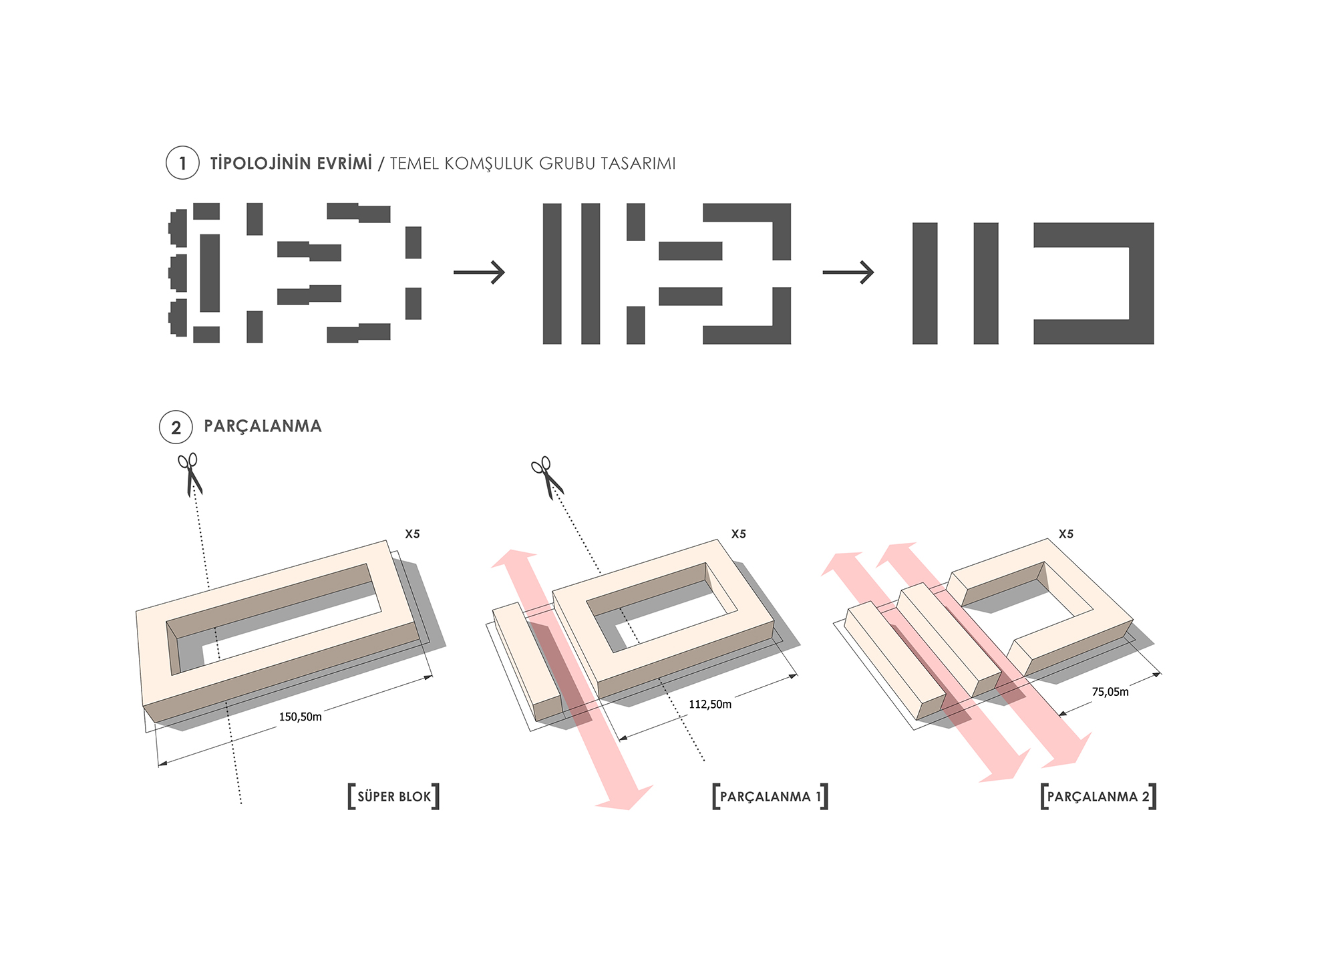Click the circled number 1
pos(182,163)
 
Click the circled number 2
pos(176,427)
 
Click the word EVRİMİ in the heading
pos(344,163)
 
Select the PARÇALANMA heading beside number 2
pos(263,426)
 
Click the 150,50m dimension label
pos(300,717)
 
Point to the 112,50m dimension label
pos(710,704)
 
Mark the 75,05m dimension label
pos(1110,692)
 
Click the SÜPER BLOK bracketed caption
pos(394,796)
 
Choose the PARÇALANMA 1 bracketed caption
pos(770,796)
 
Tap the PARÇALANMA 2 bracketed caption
pos(1098,796)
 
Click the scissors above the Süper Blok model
pos(190,474)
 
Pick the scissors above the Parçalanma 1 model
pos(547,477)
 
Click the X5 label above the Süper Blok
pos(412,534)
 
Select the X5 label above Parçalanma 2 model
pos(1065,534)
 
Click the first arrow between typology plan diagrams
pos(479,272)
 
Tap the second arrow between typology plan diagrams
pos(848,272)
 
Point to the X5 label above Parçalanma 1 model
pos(738,534)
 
